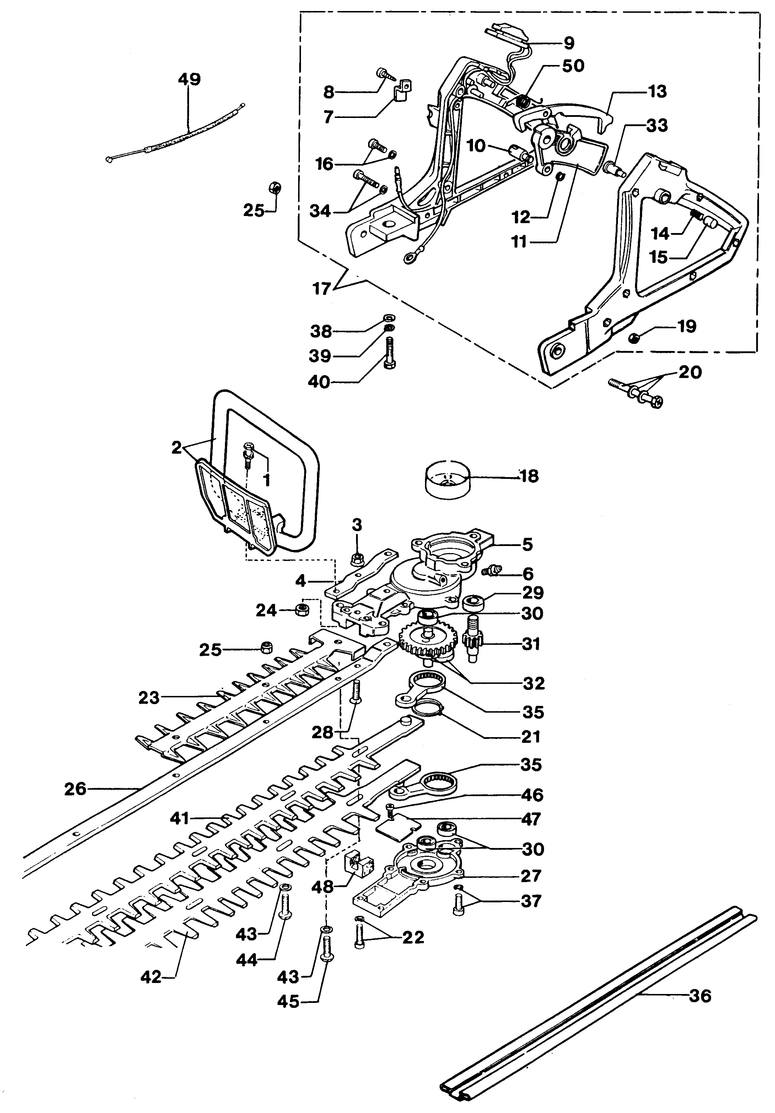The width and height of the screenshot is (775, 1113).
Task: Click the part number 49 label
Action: pos(189,80)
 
